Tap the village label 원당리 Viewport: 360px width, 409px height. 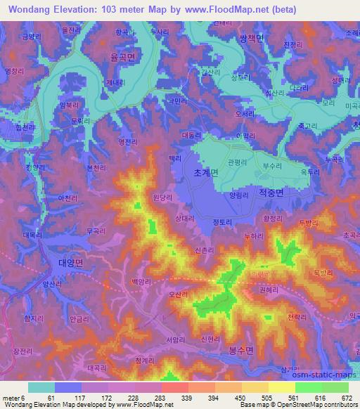pyautogui.click(x=163, y=199)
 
